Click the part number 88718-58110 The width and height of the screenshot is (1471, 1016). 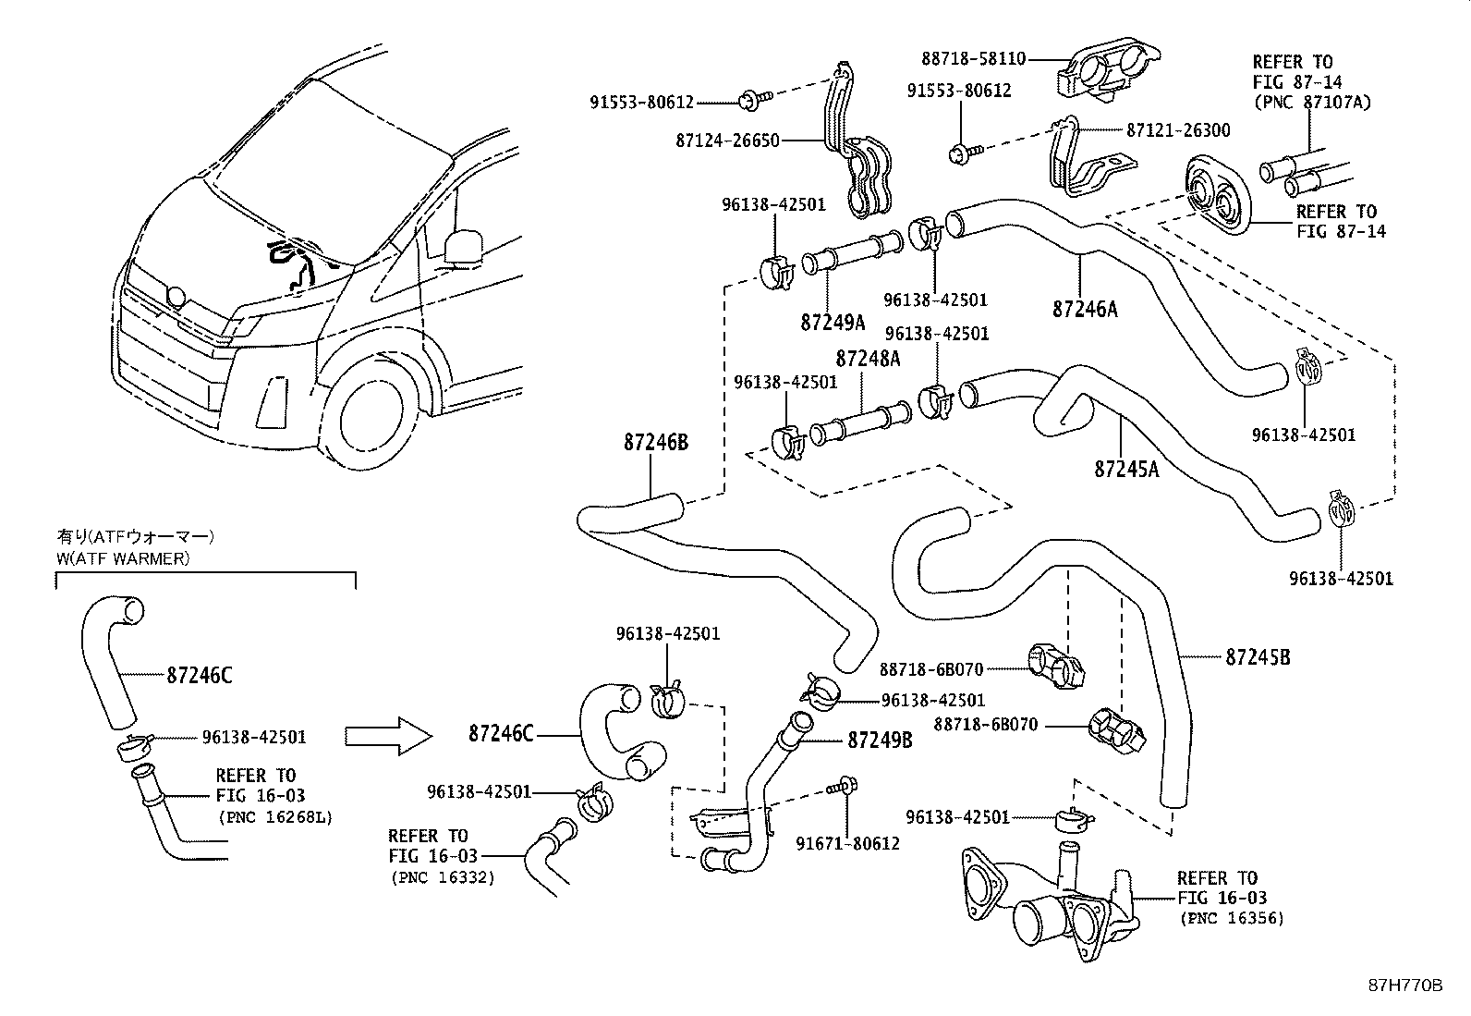(973, 58)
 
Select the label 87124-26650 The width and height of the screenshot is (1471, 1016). (727, 141)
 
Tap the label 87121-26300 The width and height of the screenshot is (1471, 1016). (1178, 130)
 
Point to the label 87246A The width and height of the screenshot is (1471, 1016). (1085, 309)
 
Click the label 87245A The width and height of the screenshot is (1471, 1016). (1126, 469)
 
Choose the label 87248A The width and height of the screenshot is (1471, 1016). (868, 358)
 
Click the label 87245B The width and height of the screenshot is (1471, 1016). (1258, 657)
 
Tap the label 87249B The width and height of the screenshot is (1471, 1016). (880, 740)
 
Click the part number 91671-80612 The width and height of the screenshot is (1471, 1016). (847, 843)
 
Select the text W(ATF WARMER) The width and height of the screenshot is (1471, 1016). (123, 557)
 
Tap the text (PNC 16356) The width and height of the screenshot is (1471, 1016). (1231, 918)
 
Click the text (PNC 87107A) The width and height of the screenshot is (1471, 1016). (1311, 102)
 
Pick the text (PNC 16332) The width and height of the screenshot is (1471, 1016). (442, 876)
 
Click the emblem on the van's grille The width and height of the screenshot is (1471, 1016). (175, 297)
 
